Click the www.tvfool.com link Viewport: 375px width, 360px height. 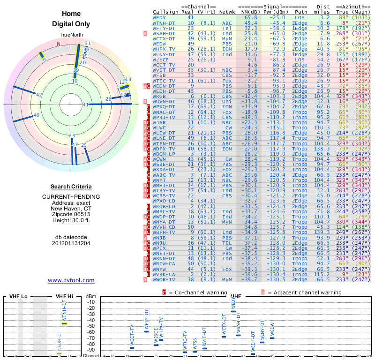tap(71, 280)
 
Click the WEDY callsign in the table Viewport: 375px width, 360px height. tap(159, 17)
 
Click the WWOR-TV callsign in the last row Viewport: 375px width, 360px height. tap(164, 279)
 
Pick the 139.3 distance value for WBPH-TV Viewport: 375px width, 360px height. tap(322, 232)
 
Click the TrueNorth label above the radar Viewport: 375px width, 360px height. tap(71, 35)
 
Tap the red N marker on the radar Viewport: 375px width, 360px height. tap(59, 44)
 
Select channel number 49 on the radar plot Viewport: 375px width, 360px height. tap(37, 115)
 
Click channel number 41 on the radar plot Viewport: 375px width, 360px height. tap(85, 105)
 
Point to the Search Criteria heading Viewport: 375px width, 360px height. tap(71, 187)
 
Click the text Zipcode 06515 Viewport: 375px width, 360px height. tap(71, 215)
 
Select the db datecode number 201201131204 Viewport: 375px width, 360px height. tap(71, 243)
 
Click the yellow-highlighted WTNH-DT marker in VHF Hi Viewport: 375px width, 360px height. tap(64, 323)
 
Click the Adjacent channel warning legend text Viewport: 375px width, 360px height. tap(304, 292)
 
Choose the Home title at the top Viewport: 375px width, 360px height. tap(71, 14)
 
